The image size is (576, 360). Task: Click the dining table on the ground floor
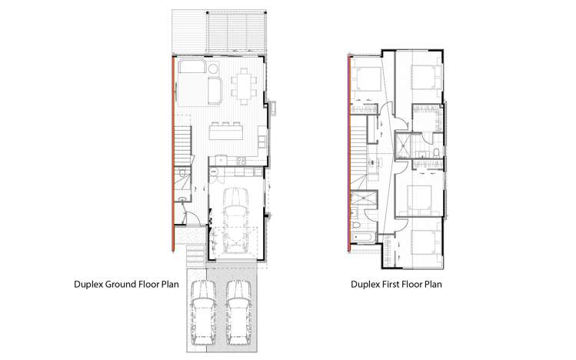click(244, 85)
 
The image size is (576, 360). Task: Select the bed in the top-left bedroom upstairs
click(366, 78)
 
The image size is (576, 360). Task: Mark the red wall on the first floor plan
click(350, 154)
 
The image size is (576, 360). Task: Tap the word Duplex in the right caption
click(368, 284)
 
